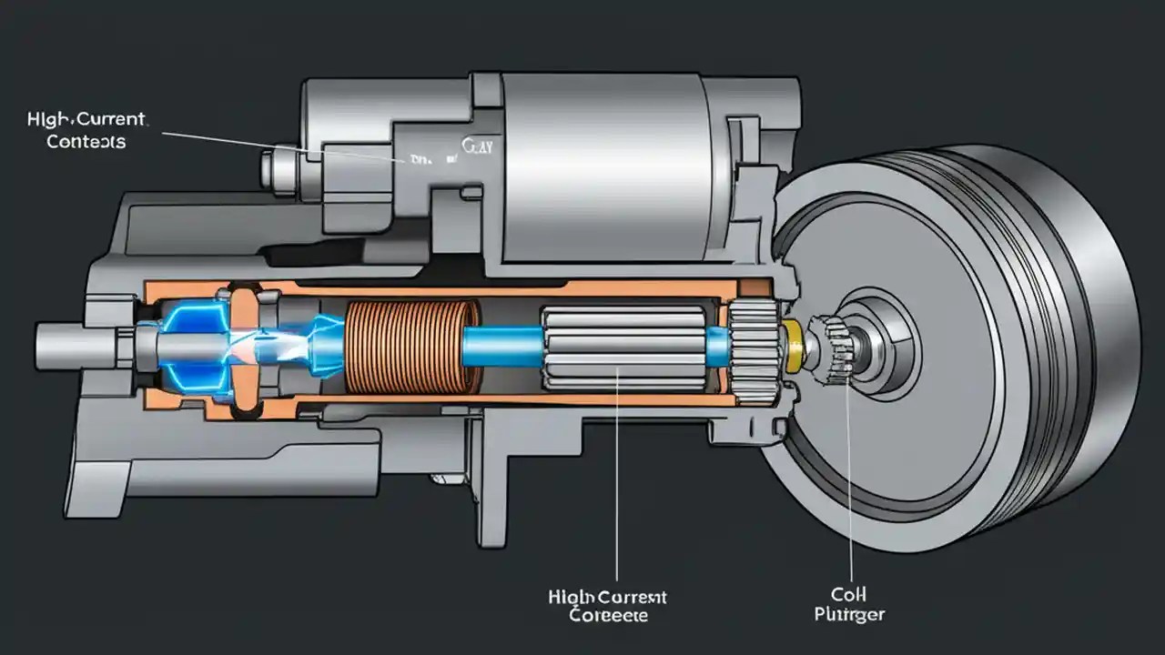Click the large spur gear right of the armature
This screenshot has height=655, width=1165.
755,350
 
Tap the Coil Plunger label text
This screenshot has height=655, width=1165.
849,606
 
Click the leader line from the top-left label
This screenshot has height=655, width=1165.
273,145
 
